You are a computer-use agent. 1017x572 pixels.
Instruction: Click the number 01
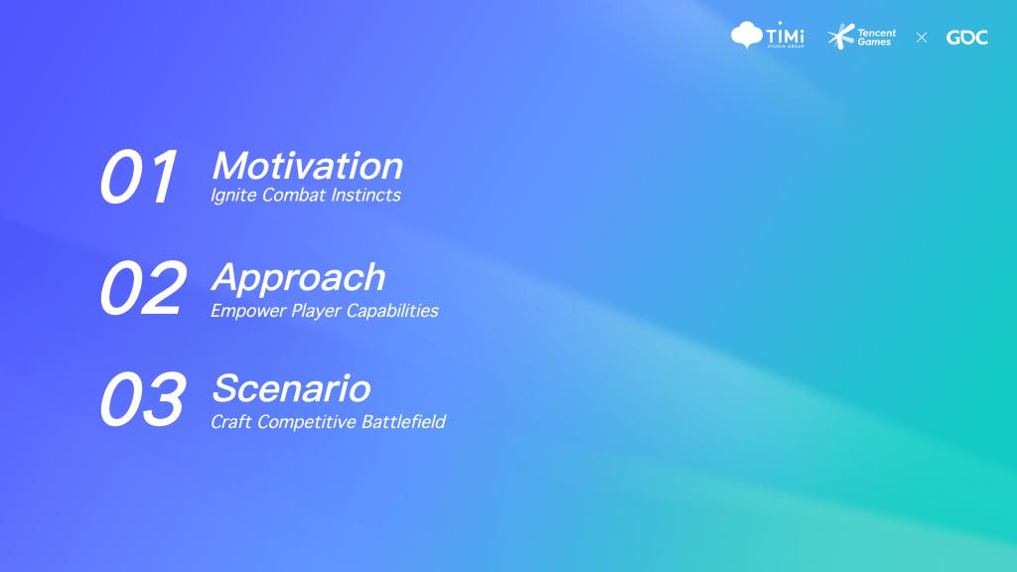click(138, 177)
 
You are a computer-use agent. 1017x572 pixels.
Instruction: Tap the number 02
click(143, 287)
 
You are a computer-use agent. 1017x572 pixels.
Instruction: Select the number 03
click(143, 399)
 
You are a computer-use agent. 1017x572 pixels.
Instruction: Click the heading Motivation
click(308, 166)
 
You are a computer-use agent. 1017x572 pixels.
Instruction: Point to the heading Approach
click(298, 279)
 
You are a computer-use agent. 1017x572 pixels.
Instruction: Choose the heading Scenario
click(291, 388)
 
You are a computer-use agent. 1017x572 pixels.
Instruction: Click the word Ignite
click(233, 196)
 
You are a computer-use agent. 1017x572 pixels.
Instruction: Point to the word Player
click(316, 311)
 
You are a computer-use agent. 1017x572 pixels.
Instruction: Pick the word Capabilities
click(392, 311)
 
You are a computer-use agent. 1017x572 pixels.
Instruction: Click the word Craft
click(230, 421)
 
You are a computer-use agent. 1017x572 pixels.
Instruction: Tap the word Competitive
click(307, 422)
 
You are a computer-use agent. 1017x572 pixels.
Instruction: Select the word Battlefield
click(403, 421)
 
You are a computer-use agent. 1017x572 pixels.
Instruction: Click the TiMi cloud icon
click(747, 34)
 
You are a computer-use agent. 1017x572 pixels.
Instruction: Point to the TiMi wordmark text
click(786, 34)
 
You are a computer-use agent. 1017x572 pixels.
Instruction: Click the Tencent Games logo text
click(876, 37)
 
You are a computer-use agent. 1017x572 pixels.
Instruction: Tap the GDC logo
click(967, 38)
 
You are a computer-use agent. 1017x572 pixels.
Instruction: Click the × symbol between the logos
click(922, 38)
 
